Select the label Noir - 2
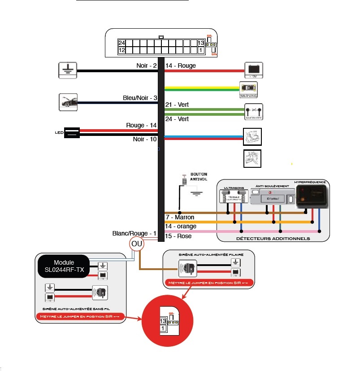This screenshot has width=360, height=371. click(x=147, y=65)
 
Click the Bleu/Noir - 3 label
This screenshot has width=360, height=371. click(x=140, y=98)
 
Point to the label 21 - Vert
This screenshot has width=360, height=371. click(x=177, y=105)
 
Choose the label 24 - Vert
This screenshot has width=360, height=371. click(x=177, y=119)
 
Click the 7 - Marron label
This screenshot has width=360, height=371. click(x=180, y=218)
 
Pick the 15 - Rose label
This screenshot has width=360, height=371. click(x=178, y=236)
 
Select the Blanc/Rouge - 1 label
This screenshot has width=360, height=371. click(x=134, y=233)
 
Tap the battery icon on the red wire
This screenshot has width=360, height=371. click(x=253, y=70)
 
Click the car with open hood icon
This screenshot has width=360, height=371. click(x=68, y=102)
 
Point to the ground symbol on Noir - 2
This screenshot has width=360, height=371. click(x=68, y=70)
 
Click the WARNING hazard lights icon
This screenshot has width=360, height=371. click(x=248, y=90)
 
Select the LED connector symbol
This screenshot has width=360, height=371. click(x=72, y=132)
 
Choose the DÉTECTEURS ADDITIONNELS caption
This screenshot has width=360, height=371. click(x=273, y=238)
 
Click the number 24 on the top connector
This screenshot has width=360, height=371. click(x=121, y=43)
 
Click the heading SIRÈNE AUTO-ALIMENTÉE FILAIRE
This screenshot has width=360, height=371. click(x=209, y=254)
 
